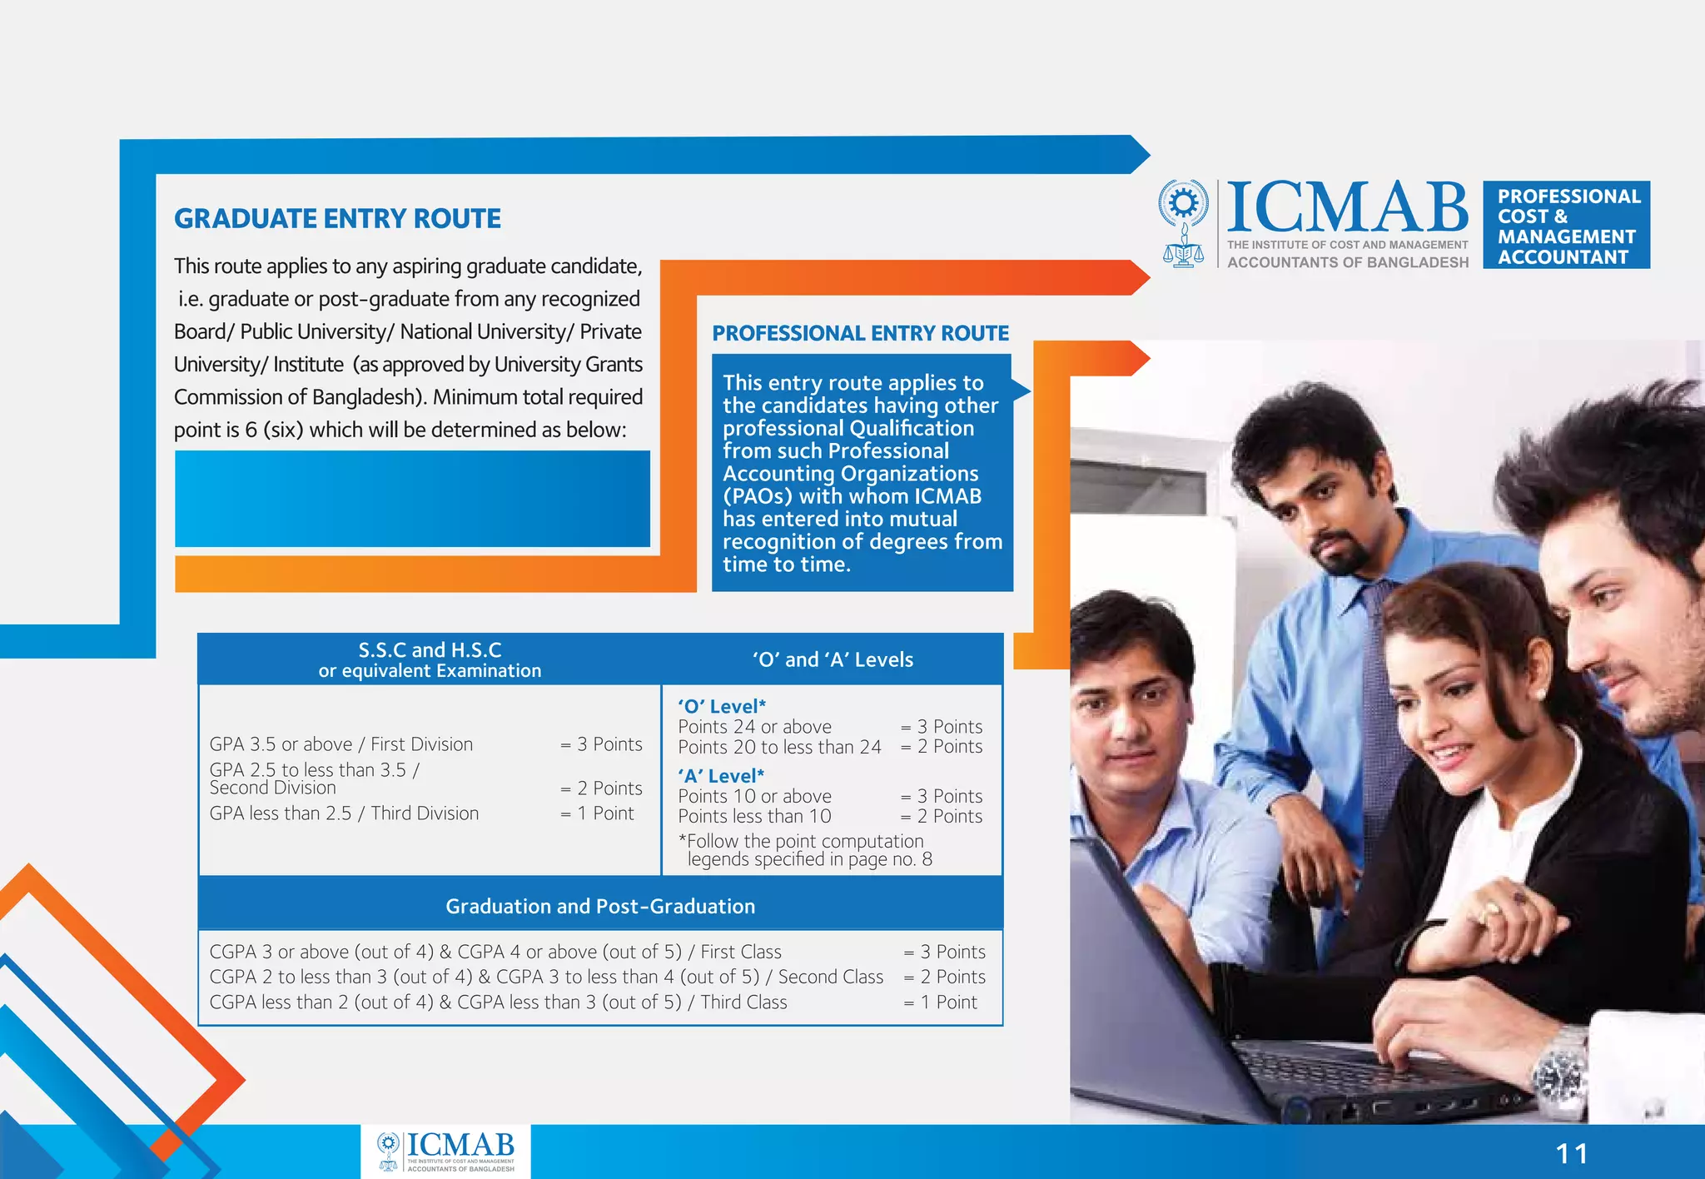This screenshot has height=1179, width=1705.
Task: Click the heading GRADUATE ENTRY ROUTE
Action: pos(337,218)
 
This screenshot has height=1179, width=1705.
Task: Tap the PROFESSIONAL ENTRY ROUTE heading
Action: pos(860,333)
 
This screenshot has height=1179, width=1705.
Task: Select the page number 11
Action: pos(1571,1154)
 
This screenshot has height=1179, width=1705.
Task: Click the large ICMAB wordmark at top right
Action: pos(1346,208)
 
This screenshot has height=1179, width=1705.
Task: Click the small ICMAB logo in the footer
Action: pos(446,1152)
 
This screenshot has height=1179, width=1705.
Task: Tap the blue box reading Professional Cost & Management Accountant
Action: pos(1566,226)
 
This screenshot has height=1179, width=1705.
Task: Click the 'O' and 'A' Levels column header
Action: pos(833,659)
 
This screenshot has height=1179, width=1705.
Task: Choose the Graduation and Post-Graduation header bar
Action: pos(600,906)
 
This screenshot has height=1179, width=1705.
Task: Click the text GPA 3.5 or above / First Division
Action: pos(341,744)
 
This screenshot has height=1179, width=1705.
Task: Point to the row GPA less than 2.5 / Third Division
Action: pos(344,813)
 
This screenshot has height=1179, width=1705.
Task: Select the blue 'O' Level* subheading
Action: pos(721,706)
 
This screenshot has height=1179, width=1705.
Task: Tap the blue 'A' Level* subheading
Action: pos(721,776)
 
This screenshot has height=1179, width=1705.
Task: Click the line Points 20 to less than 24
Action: pos(779,747)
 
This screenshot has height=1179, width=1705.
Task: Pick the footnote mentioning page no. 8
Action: pos(805,850)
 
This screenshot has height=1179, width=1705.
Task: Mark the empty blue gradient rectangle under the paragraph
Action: pos(412,499)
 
